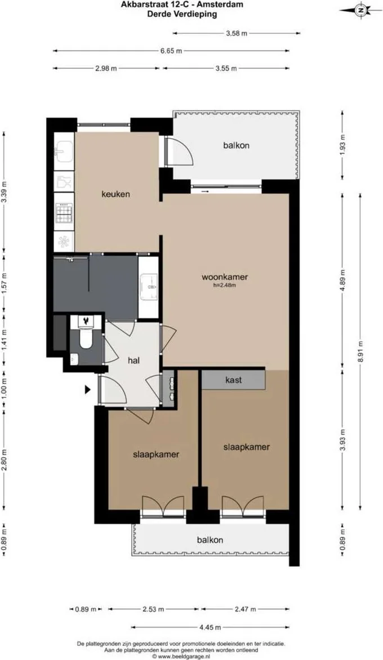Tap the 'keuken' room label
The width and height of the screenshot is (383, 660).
coord(115,194)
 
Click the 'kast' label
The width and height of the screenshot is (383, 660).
coord(233,380)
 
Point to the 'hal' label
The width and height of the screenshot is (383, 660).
coord(133,360)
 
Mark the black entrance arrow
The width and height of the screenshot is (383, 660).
coord(88,389)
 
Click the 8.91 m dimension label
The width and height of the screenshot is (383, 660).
coord(361,344)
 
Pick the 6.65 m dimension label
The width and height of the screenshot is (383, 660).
coord(171,51)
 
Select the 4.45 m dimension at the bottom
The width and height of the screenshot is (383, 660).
coord(210,627)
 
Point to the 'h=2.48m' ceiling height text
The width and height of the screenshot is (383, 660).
coord(225,286)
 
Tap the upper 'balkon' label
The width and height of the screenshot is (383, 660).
coord(236,145)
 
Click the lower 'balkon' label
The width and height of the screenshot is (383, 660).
coord(210,539)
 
